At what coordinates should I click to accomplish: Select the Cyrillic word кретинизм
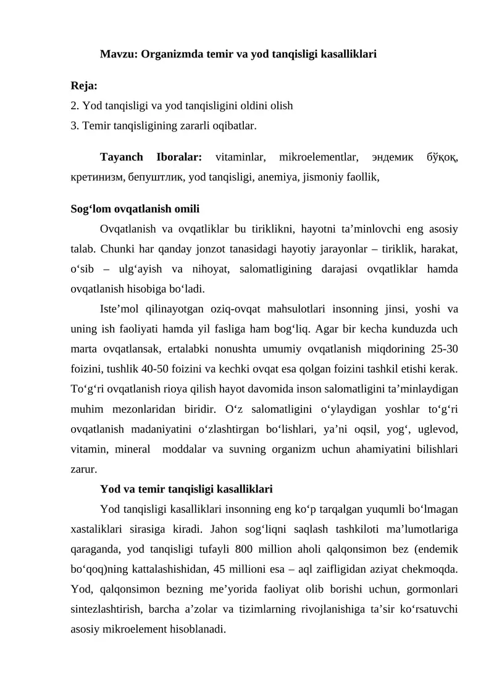click(x=94, y=177)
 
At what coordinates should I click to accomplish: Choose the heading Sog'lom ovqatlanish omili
click(x=135, y=209)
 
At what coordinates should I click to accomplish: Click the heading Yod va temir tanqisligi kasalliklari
click(x=186, y=489)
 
